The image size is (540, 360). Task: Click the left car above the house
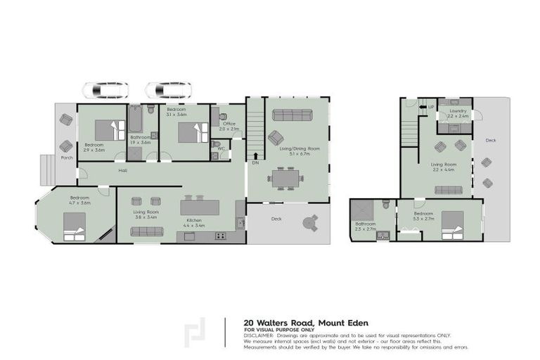(105, 90)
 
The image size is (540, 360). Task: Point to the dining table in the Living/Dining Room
(286, 179)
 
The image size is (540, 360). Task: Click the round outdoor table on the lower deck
(309, 223)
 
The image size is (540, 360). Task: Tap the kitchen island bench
(200, 208)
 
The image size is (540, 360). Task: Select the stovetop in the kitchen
(220, 236)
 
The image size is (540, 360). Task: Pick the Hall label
(122, 170)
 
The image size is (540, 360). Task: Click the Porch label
(67, 157)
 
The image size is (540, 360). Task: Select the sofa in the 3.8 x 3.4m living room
(147, 231)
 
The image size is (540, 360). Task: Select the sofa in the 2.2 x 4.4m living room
(448, 190)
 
